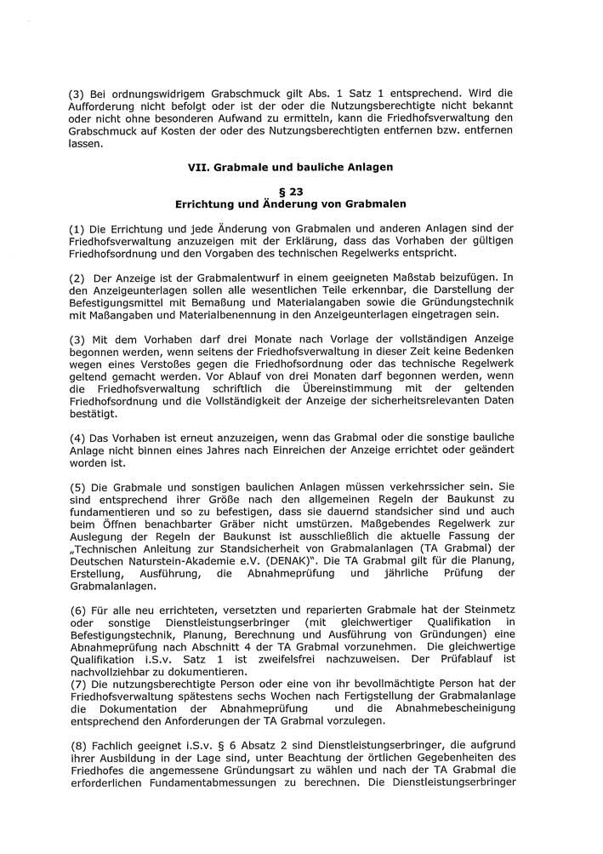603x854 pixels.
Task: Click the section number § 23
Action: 290,192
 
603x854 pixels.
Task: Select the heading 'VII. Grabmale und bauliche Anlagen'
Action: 290,168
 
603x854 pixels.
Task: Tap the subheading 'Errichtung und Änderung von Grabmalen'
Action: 290,204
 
